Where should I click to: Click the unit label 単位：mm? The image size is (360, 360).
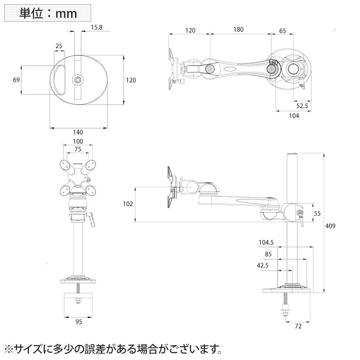pos(48,13)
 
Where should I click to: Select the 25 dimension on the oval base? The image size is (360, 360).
pos(59,46)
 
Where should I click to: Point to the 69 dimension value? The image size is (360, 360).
pos(16,80)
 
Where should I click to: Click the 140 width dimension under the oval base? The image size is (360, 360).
pos(78,132)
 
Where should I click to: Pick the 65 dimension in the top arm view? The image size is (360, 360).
pos(282,30)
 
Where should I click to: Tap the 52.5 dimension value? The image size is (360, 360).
pos(302,105)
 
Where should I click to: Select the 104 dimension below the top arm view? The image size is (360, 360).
pos(294,116)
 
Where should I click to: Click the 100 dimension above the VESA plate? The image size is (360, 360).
pos(78,142)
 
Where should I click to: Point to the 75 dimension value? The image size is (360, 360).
pos(78,149)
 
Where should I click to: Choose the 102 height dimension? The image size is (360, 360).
pos(128,204)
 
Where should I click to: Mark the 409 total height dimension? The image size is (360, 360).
pos(331,226)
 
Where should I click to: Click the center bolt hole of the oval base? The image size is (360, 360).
pos(77,80)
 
